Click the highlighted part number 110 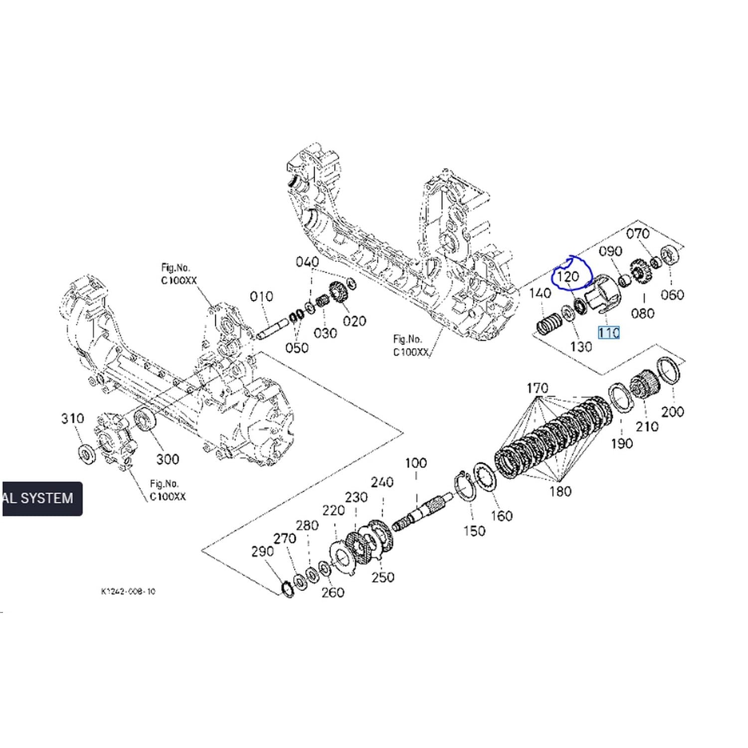coord(609,333)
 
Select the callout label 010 coord(261,297)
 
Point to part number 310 coord(72,418)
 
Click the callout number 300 coord(168,459)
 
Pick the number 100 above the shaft coord(416,463)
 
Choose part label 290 coord(262,552)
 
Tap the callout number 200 coord(672,412)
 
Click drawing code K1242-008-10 coord(128,591)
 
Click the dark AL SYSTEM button coord(42,498)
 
